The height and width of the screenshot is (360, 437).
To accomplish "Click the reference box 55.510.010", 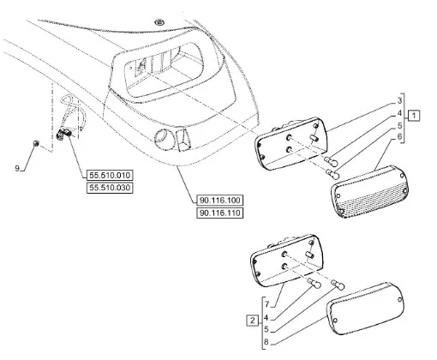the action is pos(110,175).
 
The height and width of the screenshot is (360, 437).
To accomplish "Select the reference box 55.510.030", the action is pos(110,188).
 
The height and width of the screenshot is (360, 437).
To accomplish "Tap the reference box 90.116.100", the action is pos(220,200).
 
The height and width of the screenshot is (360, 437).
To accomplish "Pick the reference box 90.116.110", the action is pos(220,213).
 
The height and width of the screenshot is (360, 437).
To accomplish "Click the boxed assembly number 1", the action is pos(414,116).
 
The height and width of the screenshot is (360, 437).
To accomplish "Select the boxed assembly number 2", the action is pos(252,320).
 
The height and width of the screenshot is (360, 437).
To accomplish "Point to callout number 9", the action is pos(17,168).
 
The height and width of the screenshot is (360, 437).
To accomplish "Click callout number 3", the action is pos(399,100).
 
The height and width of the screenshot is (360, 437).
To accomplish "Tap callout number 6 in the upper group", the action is pos(399,137).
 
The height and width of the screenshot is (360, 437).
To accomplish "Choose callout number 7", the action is pos(266,304).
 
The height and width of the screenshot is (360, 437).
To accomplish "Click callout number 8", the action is pos(266,342).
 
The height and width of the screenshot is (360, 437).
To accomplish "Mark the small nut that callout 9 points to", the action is pos(36,143).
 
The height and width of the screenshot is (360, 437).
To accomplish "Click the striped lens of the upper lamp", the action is pos(370,191).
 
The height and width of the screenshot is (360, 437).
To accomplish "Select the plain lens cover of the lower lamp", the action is pos(366,309).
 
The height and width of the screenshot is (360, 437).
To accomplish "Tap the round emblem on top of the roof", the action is pos(159,22).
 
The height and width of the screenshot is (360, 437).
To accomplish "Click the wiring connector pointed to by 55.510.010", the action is pos(63,134).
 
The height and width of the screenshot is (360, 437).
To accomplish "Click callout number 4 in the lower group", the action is pos(266,317).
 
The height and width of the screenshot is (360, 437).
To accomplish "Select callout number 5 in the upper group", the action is pos(399,125).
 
